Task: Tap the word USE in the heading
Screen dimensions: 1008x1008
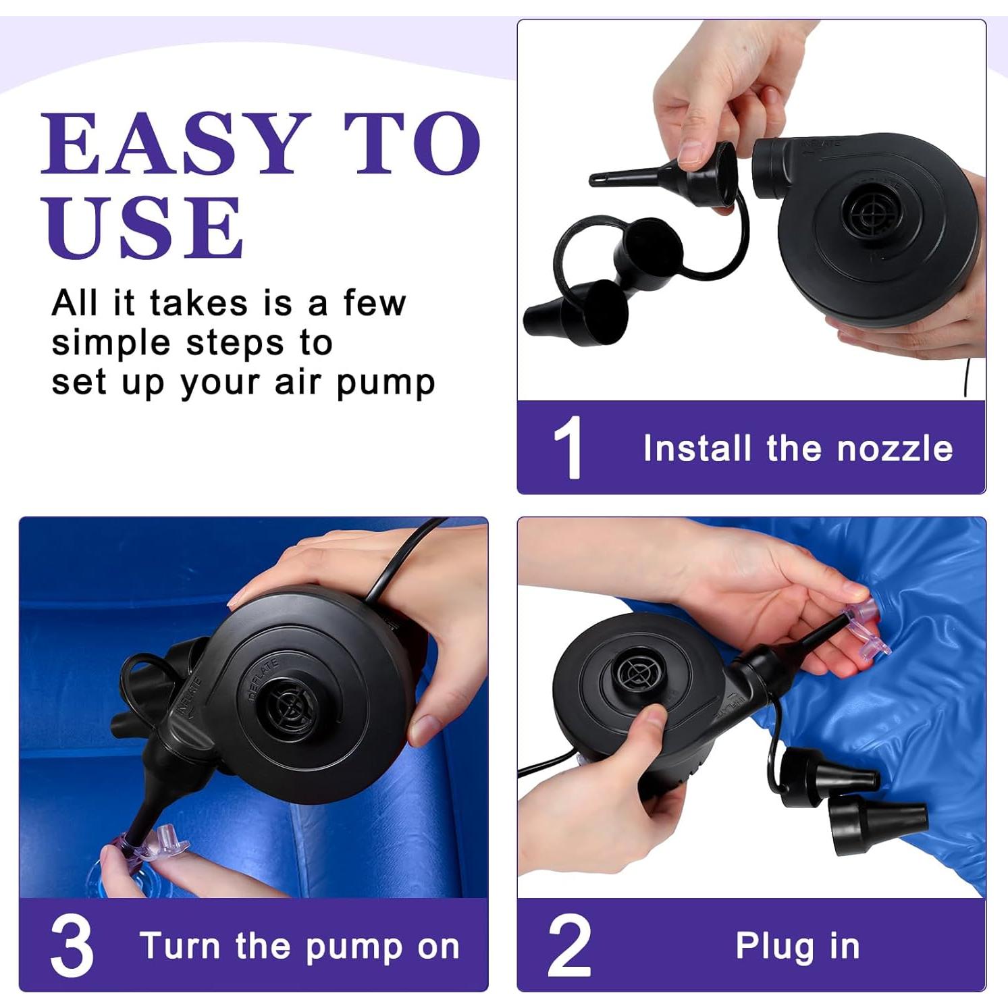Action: pyautogui.click(x=143, y=228)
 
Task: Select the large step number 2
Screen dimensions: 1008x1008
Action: pyautogui.click(x=569, y=945)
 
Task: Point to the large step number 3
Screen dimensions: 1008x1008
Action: pyautogui.click(x=72, y=945)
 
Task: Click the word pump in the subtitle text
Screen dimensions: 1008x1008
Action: pyautogui.click(x=386, y=384)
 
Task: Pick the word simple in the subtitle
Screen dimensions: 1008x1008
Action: pyautogui.click(x=111, y=344)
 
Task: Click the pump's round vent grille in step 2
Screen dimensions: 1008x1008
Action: pyautogui.click(x=636, y=673)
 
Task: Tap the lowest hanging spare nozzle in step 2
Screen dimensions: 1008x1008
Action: pyautogui.click(x=878, y=823)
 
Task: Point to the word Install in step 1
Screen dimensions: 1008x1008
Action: pyautogui.click(x=697, y=448)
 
